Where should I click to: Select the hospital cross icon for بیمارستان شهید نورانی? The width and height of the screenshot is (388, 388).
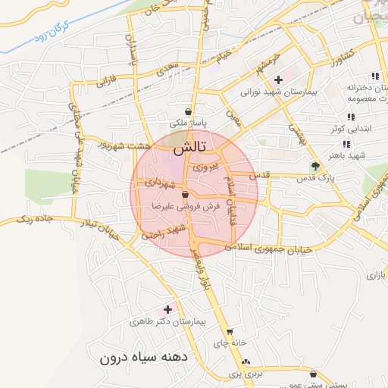coord(278,79)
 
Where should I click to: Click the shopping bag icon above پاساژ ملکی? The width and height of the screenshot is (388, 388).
coord(187,111)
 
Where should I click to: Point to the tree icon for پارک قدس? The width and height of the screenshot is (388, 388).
coord(315,166)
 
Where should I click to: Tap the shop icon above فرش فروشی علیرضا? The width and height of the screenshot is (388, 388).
coord(185,196)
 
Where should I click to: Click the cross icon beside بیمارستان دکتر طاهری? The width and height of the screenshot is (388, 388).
coord(167,309)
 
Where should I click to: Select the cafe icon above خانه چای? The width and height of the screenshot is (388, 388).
coord(230,331)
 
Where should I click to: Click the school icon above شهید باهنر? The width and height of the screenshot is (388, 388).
coord(346,144)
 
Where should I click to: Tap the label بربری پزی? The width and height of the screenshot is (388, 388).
coord(246,374)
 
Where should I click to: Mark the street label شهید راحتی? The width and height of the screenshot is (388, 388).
coord(167,231)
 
